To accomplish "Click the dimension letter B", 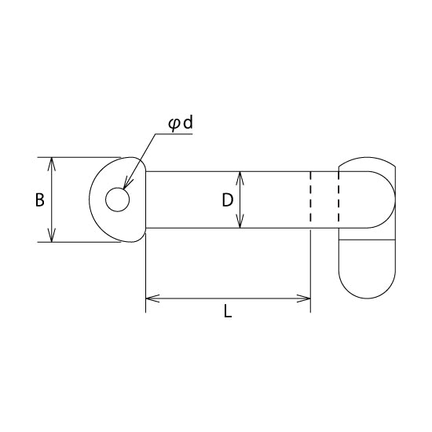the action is click(x=40, y=200).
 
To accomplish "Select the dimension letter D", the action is click(x=228, y=200).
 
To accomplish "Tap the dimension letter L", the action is click(x=228, y=311).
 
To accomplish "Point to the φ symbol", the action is click(x=174, y=125).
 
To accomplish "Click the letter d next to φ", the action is click(x=189, y=123).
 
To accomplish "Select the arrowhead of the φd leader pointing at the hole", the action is click(x=127, y=184).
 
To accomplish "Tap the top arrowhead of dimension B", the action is click(x=52, y=164).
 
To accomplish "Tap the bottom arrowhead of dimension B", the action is click(x=52, y=236).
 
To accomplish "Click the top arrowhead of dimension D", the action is click(x=240, y=178).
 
